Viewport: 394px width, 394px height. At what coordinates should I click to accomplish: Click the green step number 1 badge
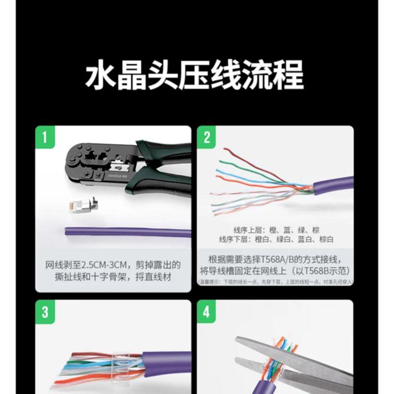(44, 137)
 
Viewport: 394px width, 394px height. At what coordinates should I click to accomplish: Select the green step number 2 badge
(207, 137)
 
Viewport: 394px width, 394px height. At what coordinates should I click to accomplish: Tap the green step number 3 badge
(44, 312)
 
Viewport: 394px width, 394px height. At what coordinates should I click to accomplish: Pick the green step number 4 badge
(207, 312)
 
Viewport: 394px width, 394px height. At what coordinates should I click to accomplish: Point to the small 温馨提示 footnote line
(276, 282)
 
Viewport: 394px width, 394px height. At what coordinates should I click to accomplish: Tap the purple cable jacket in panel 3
(163, 364)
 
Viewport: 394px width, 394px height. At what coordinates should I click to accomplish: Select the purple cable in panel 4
(276, 384)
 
